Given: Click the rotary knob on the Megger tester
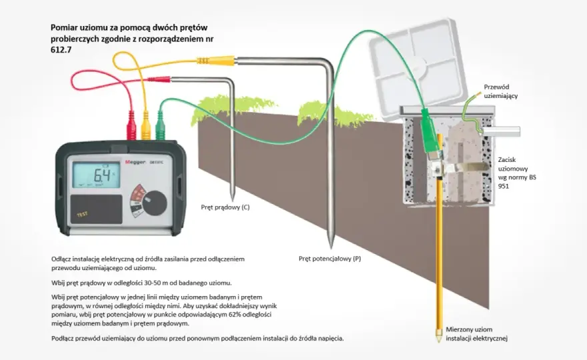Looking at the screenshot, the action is [x=154, y=203].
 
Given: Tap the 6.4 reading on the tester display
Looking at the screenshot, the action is [x=101, y=175].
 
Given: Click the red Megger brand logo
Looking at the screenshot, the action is [x=135, y=162].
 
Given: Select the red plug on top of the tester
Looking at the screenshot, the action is [x=131, y=125].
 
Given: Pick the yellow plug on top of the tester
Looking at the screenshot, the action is [x=145, y=125].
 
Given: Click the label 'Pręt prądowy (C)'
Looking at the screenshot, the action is [x=225, y=207].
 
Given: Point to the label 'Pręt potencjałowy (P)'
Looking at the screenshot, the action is [x=330, y=259].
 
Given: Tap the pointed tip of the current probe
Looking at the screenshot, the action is [x=232, y=201].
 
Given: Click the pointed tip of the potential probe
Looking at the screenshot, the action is [x=331, y=248].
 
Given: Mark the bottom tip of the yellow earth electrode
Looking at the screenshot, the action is [x=438, y=341].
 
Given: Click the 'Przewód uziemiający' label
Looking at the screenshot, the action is [x=501, y=91].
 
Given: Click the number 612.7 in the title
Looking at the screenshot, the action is [x=61, y=49].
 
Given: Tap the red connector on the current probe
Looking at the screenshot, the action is [x=159, y=79].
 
